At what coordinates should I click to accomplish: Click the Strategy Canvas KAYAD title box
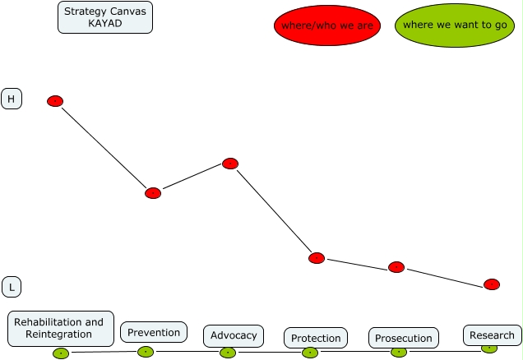[x=104, y=17]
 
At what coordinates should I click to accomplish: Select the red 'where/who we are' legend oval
[x=327, y=26]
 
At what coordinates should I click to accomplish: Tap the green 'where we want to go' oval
[x=454, y=25]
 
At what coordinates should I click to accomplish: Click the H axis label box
[x=12, y=99]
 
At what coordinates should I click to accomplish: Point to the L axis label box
[x=12, y=287]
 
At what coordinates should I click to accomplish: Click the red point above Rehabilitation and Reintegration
[x=55, y=101]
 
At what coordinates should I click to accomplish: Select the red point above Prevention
[x=153, y=193]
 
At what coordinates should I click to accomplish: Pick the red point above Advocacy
[x=230, y=164]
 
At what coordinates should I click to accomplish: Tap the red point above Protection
[x=317, y=258]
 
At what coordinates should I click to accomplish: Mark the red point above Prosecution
[x=396, y=267]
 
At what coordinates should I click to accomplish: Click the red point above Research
[x=492, y=284]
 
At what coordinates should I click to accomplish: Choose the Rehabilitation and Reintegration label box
[x=60, y=329]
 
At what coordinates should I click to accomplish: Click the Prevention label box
[x=154, y=332]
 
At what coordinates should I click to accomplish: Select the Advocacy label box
[x=234, y=335]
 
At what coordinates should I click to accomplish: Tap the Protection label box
[x=316, y=338]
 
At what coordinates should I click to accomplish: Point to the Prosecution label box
[x=403, y=338]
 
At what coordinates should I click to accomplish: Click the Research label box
[x=492, y=335]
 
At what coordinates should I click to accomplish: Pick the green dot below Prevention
[x=146, y=352]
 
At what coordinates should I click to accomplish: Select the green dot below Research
[x=488, y=348]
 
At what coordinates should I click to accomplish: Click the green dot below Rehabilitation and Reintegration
[x=61, y=353]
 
